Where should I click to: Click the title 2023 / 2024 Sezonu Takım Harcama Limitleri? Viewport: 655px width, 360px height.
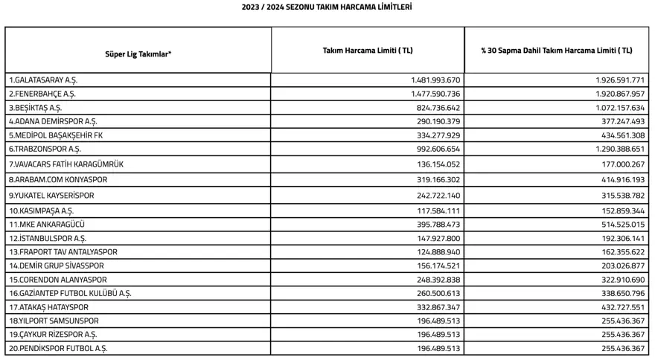click(327, 7)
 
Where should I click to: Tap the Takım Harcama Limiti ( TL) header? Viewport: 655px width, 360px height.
click(368, 51)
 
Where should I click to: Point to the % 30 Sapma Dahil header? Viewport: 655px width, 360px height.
click(557, 51)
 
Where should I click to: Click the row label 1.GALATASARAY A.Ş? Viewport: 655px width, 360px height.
click(43, 80)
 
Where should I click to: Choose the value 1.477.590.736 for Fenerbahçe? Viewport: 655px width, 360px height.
click(435, 94)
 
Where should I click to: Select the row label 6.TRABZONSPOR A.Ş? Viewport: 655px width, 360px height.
click(45, 149)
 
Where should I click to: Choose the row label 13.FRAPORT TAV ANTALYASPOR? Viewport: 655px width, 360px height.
click(63, 252)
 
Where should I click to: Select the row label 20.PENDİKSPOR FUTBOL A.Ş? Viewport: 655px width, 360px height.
click(61, 348)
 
